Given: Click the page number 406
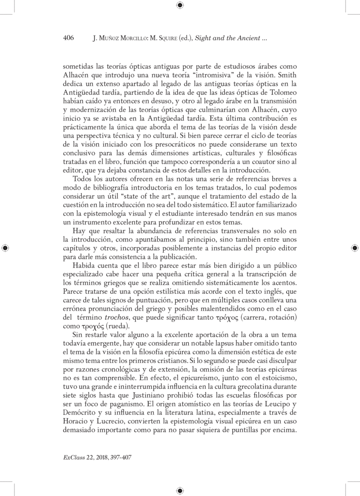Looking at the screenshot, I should point(68,39).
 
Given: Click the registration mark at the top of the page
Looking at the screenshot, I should point(180,5).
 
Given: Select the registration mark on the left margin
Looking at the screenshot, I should point(5,248).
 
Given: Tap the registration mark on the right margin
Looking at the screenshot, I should point(354,248).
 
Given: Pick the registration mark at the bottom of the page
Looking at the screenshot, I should point(180,490).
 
